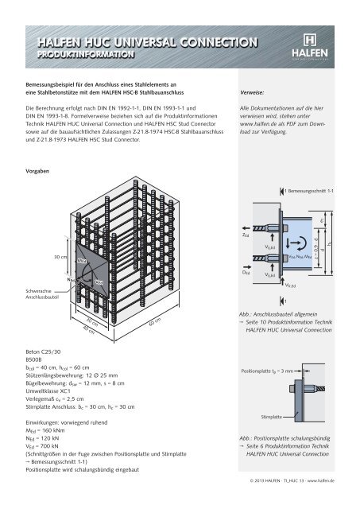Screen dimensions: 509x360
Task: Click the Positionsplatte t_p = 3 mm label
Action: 266,371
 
